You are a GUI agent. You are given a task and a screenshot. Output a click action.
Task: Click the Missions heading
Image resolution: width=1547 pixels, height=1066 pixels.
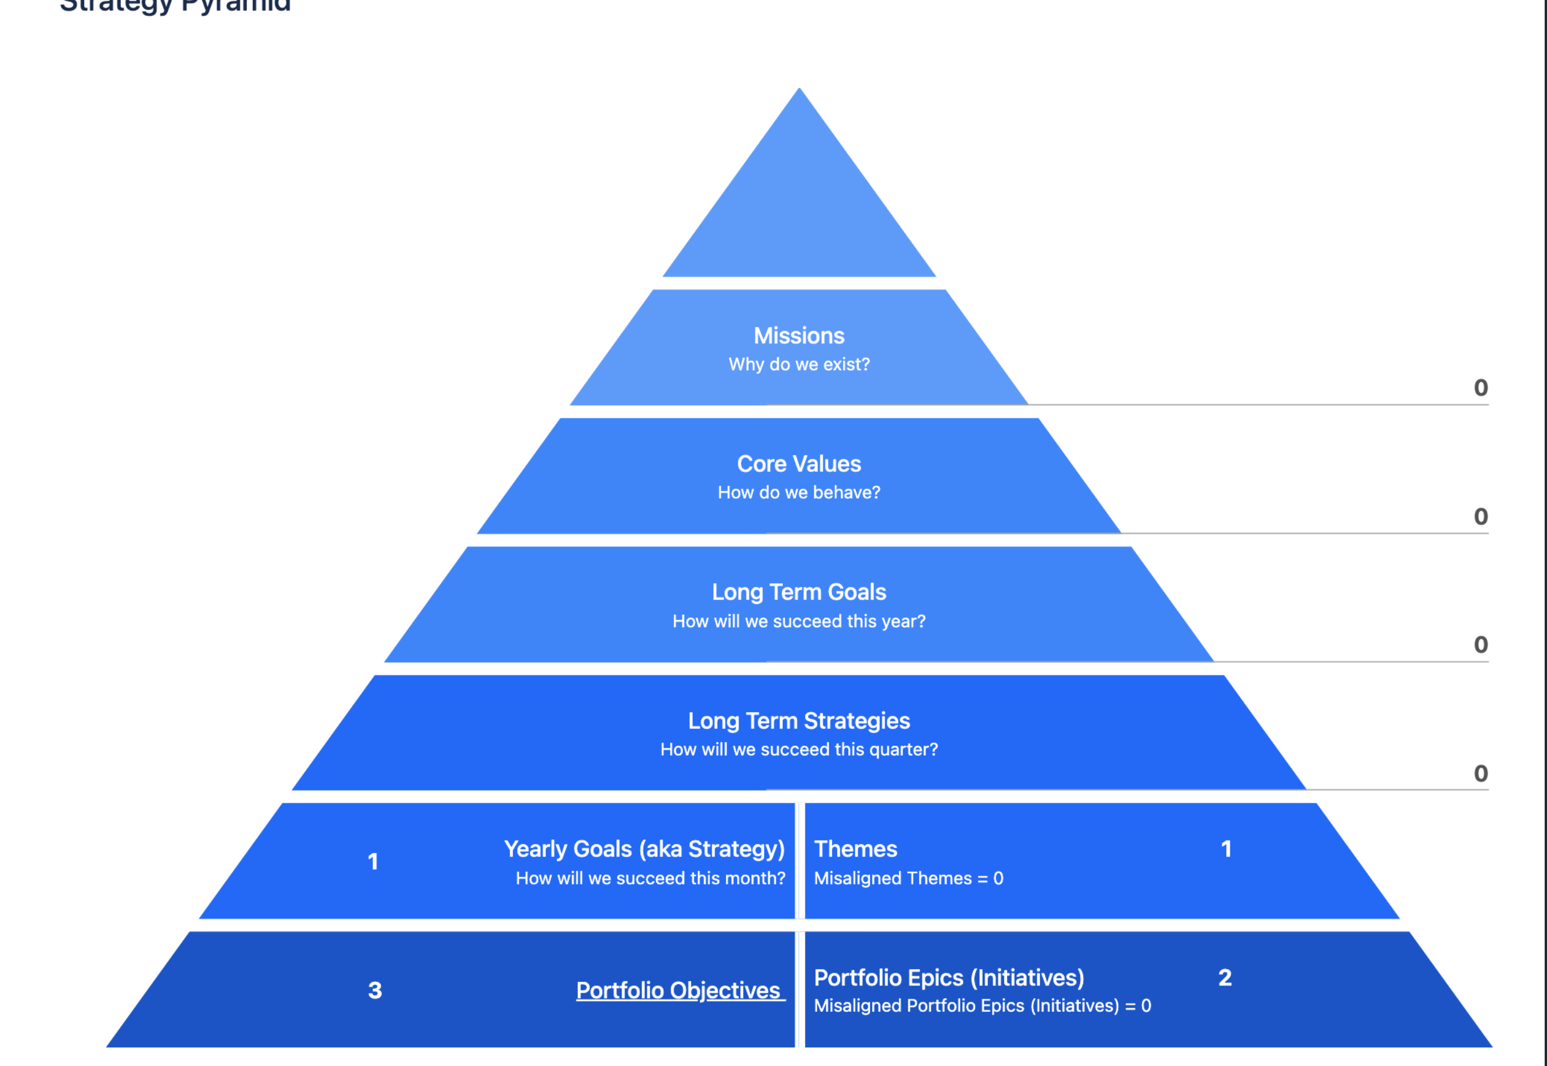[799, 335]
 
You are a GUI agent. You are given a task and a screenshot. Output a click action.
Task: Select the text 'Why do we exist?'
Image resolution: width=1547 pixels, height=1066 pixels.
[799, 364]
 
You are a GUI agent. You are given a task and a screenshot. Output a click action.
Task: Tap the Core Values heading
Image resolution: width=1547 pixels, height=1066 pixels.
[799, 464]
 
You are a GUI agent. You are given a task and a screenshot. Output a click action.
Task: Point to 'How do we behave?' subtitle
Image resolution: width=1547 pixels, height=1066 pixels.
[799, 492]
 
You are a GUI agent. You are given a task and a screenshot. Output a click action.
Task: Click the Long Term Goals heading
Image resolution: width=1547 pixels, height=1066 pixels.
[799, 592]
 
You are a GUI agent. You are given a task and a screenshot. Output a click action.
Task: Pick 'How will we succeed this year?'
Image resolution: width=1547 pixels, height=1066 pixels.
[799, 621]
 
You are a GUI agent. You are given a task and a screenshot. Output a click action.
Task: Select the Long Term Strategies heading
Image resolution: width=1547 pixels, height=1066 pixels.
[799, 720]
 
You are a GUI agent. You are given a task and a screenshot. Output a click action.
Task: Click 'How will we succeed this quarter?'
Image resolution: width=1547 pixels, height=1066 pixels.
[799, 750]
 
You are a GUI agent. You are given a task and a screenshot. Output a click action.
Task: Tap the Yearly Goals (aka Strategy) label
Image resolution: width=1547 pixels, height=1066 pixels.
[644, 849]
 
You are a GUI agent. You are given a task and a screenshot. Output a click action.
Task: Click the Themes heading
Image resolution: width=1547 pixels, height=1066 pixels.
[855, 849]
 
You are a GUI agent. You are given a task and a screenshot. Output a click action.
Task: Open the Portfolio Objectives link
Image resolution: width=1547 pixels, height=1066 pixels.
[679, 990]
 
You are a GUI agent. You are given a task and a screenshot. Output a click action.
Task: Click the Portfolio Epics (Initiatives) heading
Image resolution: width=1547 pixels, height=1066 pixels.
[949, 977]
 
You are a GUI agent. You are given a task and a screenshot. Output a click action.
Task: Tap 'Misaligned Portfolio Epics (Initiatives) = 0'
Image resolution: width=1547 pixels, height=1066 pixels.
[982, 1005]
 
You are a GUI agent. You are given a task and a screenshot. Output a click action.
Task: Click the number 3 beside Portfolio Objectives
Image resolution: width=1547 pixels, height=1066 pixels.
[375, 990]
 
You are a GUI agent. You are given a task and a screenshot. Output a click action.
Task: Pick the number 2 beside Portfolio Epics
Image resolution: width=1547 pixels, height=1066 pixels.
[1225, 977]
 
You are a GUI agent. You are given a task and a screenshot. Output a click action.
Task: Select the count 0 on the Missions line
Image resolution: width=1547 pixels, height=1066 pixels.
[1480, 388]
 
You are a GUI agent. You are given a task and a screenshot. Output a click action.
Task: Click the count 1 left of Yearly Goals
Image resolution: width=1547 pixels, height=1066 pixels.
[373, 862]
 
